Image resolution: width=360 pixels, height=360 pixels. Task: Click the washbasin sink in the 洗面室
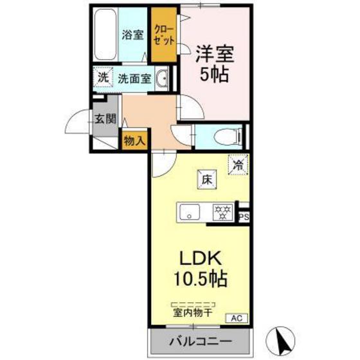161,78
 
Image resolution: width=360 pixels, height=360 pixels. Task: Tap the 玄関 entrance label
105,118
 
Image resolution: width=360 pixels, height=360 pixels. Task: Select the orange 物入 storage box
134,140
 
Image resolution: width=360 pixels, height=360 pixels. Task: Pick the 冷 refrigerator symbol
238,165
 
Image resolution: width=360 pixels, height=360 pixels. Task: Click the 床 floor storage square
208,180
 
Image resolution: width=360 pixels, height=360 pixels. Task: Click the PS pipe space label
243,217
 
